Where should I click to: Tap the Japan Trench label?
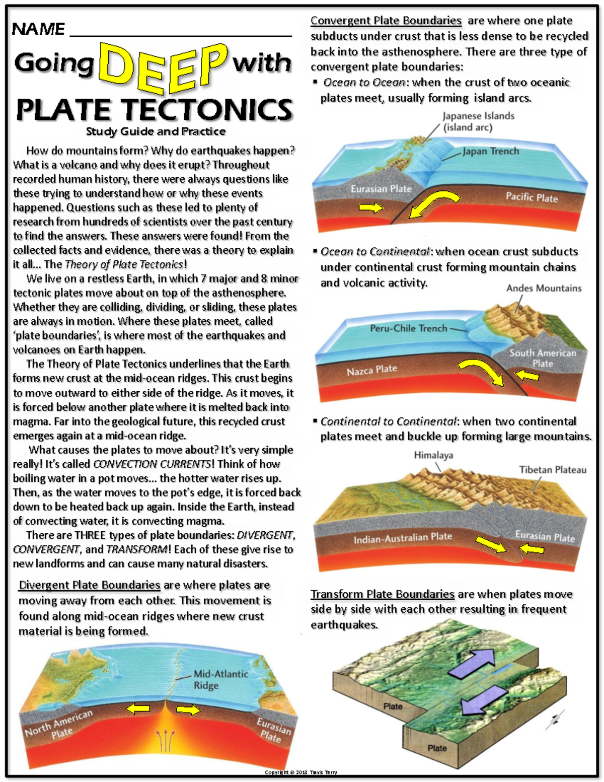click(491, 151)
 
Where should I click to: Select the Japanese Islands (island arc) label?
click(478, 121)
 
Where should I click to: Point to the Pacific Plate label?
click(532, 197)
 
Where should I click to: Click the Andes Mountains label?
click(544, 288)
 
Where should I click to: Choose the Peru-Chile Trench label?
click(408, 328)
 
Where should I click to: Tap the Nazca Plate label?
click(372, 370)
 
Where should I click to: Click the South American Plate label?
click(543, 358)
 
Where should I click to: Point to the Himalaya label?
click(433, 455)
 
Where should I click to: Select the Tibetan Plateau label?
click(553, 470)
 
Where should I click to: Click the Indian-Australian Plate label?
click(403, 538)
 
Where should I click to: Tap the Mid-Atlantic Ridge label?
click(220, 679)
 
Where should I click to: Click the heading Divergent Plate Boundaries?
click(90, 585)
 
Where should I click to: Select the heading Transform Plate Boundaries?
click(383, 594)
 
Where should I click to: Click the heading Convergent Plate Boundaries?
click(386, 21)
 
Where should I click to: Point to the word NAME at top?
click(38, 29)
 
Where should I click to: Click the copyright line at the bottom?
click(301, 772)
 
